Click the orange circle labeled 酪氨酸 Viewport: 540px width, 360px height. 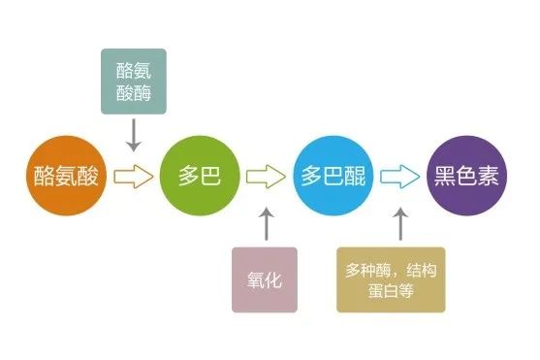point(67,176)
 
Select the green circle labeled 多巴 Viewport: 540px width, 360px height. point(200,176)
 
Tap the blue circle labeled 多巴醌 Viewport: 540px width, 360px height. point(334,176)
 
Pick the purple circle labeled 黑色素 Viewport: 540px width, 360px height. point(466,176)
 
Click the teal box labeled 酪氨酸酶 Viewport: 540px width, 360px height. point(134,82)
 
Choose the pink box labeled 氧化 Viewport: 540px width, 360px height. point(265,279)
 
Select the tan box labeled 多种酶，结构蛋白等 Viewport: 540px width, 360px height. point(391,279)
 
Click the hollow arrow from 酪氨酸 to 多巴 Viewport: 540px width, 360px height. point(134,177)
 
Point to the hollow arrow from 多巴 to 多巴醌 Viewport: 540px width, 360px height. point(266,177)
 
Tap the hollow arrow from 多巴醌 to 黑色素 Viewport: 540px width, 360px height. point(400,177)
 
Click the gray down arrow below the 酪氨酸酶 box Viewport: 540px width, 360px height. point(134,135)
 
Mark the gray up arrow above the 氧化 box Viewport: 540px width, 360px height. point(267,224)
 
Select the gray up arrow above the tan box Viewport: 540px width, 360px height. point(400,224)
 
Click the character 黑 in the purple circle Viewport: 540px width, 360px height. point(445,176)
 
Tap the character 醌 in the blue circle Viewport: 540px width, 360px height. point(355,176)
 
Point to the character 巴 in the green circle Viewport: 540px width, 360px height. point(210,176)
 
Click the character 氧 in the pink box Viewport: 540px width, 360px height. point(256,279)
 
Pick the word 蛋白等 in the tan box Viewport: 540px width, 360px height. point(391,290)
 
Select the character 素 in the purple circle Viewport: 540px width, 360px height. point(488,176)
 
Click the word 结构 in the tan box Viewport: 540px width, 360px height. point(421,270)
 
